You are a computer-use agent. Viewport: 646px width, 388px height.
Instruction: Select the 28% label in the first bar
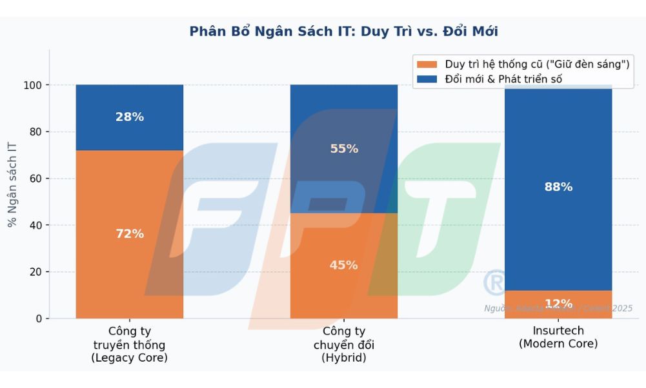pos(130,117)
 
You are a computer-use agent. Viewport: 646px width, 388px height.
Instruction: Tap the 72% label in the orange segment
pos(130,234)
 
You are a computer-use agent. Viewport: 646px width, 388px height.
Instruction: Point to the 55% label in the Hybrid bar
pos(344,149)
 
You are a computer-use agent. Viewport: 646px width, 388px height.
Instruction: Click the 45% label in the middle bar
pos(344,266)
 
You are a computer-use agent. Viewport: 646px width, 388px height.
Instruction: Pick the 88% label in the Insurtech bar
pos(558,188)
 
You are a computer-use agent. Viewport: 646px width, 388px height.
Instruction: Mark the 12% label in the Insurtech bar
pos(558,304)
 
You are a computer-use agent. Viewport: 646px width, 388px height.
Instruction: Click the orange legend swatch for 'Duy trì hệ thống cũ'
pos(427,64)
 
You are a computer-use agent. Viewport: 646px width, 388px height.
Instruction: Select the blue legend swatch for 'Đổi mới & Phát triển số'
pos(427,79)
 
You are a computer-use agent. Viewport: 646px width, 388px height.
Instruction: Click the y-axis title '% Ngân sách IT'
pos(12,184)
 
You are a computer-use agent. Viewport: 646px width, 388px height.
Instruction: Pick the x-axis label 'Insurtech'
pos(558,331)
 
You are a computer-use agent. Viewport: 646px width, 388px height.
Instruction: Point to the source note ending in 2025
pos(558,309)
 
